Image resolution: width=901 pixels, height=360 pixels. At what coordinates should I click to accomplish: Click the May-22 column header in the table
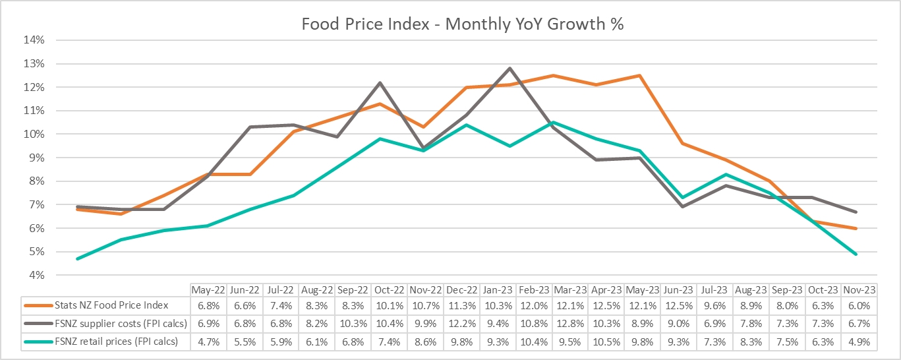coord(208,290)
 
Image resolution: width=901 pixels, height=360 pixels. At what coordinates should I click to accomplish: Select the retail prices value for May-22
coord(208,342)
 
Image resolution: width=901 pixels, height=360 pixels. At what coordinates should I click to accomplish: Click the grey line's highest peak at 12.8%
coord(509,68)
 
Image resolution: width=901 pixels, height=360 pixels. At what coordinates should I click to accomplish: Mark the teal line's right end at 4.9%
coord(856,254)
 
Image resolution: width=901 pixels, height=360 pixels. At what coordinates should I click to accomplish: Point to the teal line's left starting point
coord(78,258)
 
